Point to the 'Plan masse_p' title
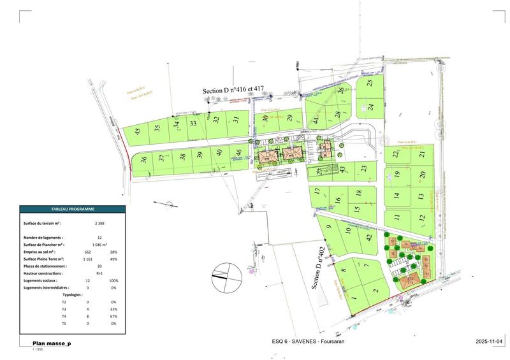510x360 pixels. (52, 343)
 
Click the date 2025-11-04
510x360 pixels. (489, 343)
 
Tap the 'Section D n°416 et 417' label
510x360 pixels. (233, 92)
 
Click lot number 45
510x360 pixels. (136, 132)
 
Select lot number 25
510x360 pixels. (370, 83)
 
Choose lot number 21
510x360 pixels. (421, 155)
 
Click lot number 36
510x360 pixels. (143, 161)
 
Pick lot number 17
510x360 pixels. (316, 191)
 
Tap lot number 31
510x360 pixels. (236, 119)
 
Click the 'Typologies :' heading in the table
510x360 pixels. (74, 295)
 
